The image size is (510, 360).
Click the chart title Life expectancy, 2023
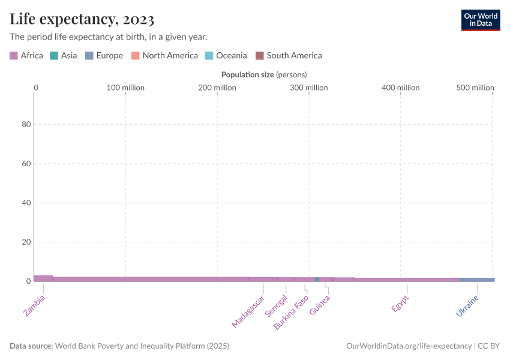click(x=82, y=19)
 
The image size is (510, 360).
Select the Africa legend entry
click(x=26, y=56)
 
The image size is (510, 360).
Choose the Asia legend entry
click(x=63, y=56)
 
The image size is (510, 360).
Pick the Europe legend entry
click(x=104, y=56)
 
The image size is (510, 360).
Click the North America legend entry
click(x=164, y=56)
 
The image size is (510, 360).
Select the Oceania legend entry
click(x=226, y=56)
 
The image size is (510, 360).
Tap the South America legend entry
click(x=289, y=56)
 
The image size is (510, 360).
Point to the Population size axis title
click(x=264, y=75)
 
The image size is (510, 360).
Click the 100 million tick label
click(x=125, y=88)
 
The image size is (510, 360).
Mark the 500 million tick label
click(x=475, y=88)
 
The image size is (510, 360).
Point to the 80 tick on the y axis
click(x=26, y=125)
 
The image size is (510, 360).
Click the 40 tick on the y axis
click(x=26, y=203)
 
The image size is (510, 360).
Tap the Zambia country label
click(x=34, y=305)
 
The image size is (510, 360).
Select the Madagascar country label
click(x=248, y=311)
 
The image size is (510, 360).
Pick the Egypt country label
click(x=400, y=303)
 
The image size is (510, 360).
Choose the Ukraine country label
click(x=468, y=305)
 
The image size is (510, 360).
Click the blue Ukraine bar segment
click(x=477, y=280)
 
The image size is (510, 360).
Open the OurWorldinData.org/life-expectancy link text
click(x=409, y=346)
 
